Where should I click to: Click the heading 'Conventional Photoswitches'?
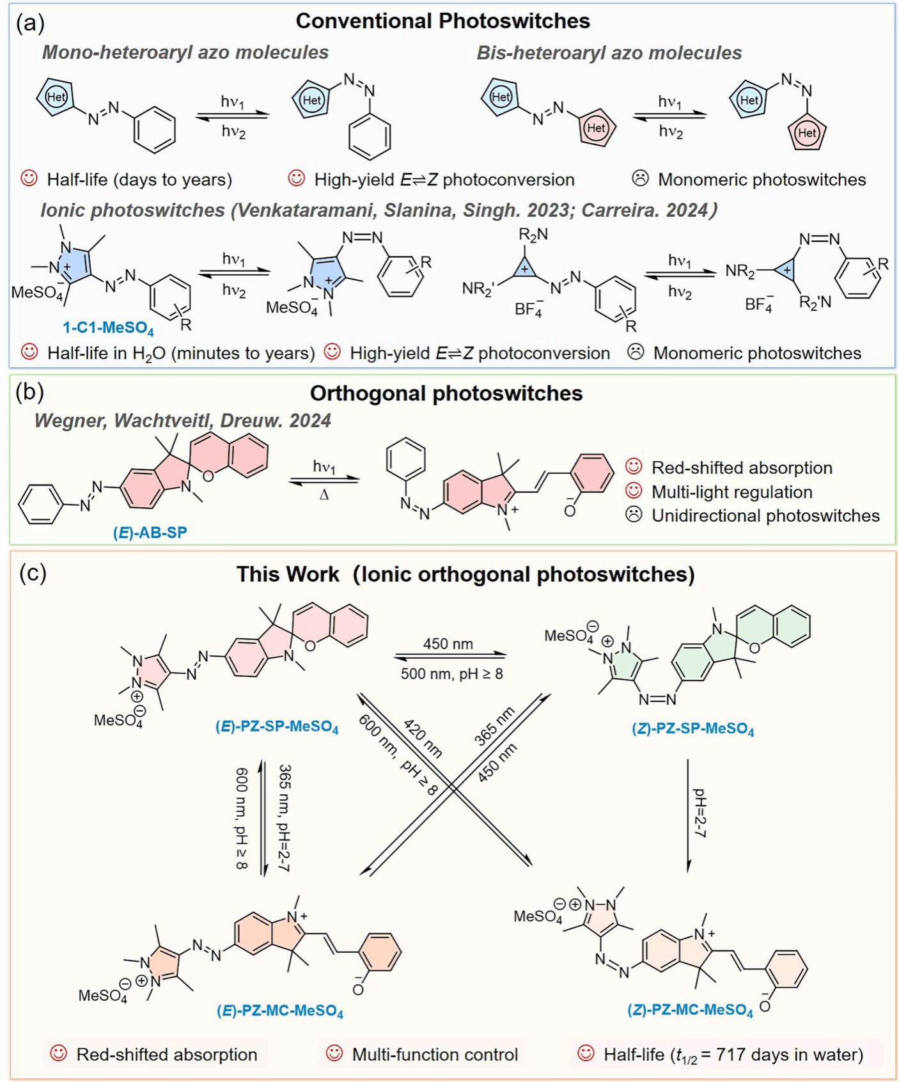pos(442,21)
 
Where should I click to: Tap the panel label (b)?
pos(30,393)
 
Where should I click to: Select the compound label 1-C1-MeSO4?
pos(108,329)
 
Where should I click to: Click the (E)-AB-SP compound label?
pos(150,532)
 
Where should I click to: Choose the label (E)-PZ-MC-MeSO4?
pos(280,1012)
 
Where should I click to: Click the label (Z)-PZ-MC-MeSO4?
pos(690,1010)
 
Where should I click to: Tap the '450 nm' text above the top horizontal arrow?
pos(448,643)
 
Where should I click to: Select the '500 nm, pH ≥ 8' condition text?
pos(451,673)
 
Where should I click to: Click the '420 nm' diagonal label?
pos(423,739)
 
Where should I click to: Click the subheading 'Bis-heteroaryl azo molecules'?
pos(609,52)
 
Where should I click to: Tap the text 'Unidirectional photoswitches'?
pos(765,515)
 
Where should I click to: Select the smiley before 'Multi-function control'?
pos(334,1053)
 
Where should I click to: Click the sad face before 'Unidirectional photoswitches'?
pos(634,515)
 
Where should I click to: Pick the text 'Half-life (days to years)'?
pos(139,180)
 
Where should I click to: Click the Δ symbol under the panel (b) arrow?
pos(324,494)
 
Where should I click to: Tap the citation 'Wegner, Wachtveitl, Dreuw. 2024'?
pos(183,421)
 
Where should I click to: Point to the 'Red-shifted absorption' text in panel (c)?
pos(167,1054)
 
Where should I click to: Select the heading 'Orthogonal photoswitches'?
pos(446,393)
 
